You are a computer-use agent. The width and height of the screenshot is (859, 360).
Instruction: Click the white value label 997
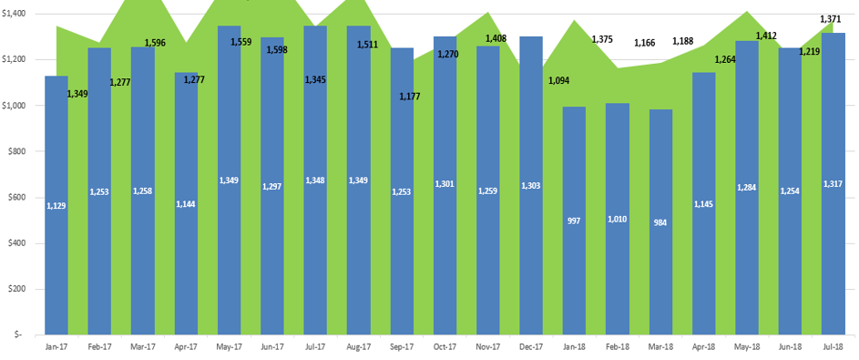pyautogui.click(x=574, y=221)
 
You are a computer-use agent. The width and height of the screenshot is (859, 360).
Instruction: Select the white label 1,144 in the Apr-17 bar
pyautogui.click(x=186, y=203)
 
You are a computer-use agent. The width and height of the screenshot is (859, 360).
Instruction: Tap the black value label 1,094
pyautogui.click(x=558, y=80)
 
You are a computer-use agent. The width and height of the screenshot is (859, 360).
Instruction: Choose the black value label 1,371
pyautogui.click(x=830, y=19)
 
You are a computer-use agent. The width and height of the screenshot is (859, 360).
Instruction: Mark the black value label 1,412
pyautogui.click(x=765, y=36)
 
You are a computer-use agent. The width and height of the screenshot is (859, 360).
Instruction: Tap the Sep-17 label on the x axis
pyautogui.click(x=402, y=347)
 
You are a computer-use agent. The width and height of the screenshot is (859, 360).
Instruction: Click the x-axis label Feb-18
pyautogui.click(x=618, y=347)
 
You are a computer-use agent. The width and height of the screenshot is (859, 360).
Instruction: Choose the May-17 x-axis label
pyautogui.click(x=229, y=347)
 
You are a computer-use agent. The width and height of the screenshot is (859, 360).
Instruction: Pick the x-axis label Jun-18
pyautogui.click(x=790, y=347)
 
